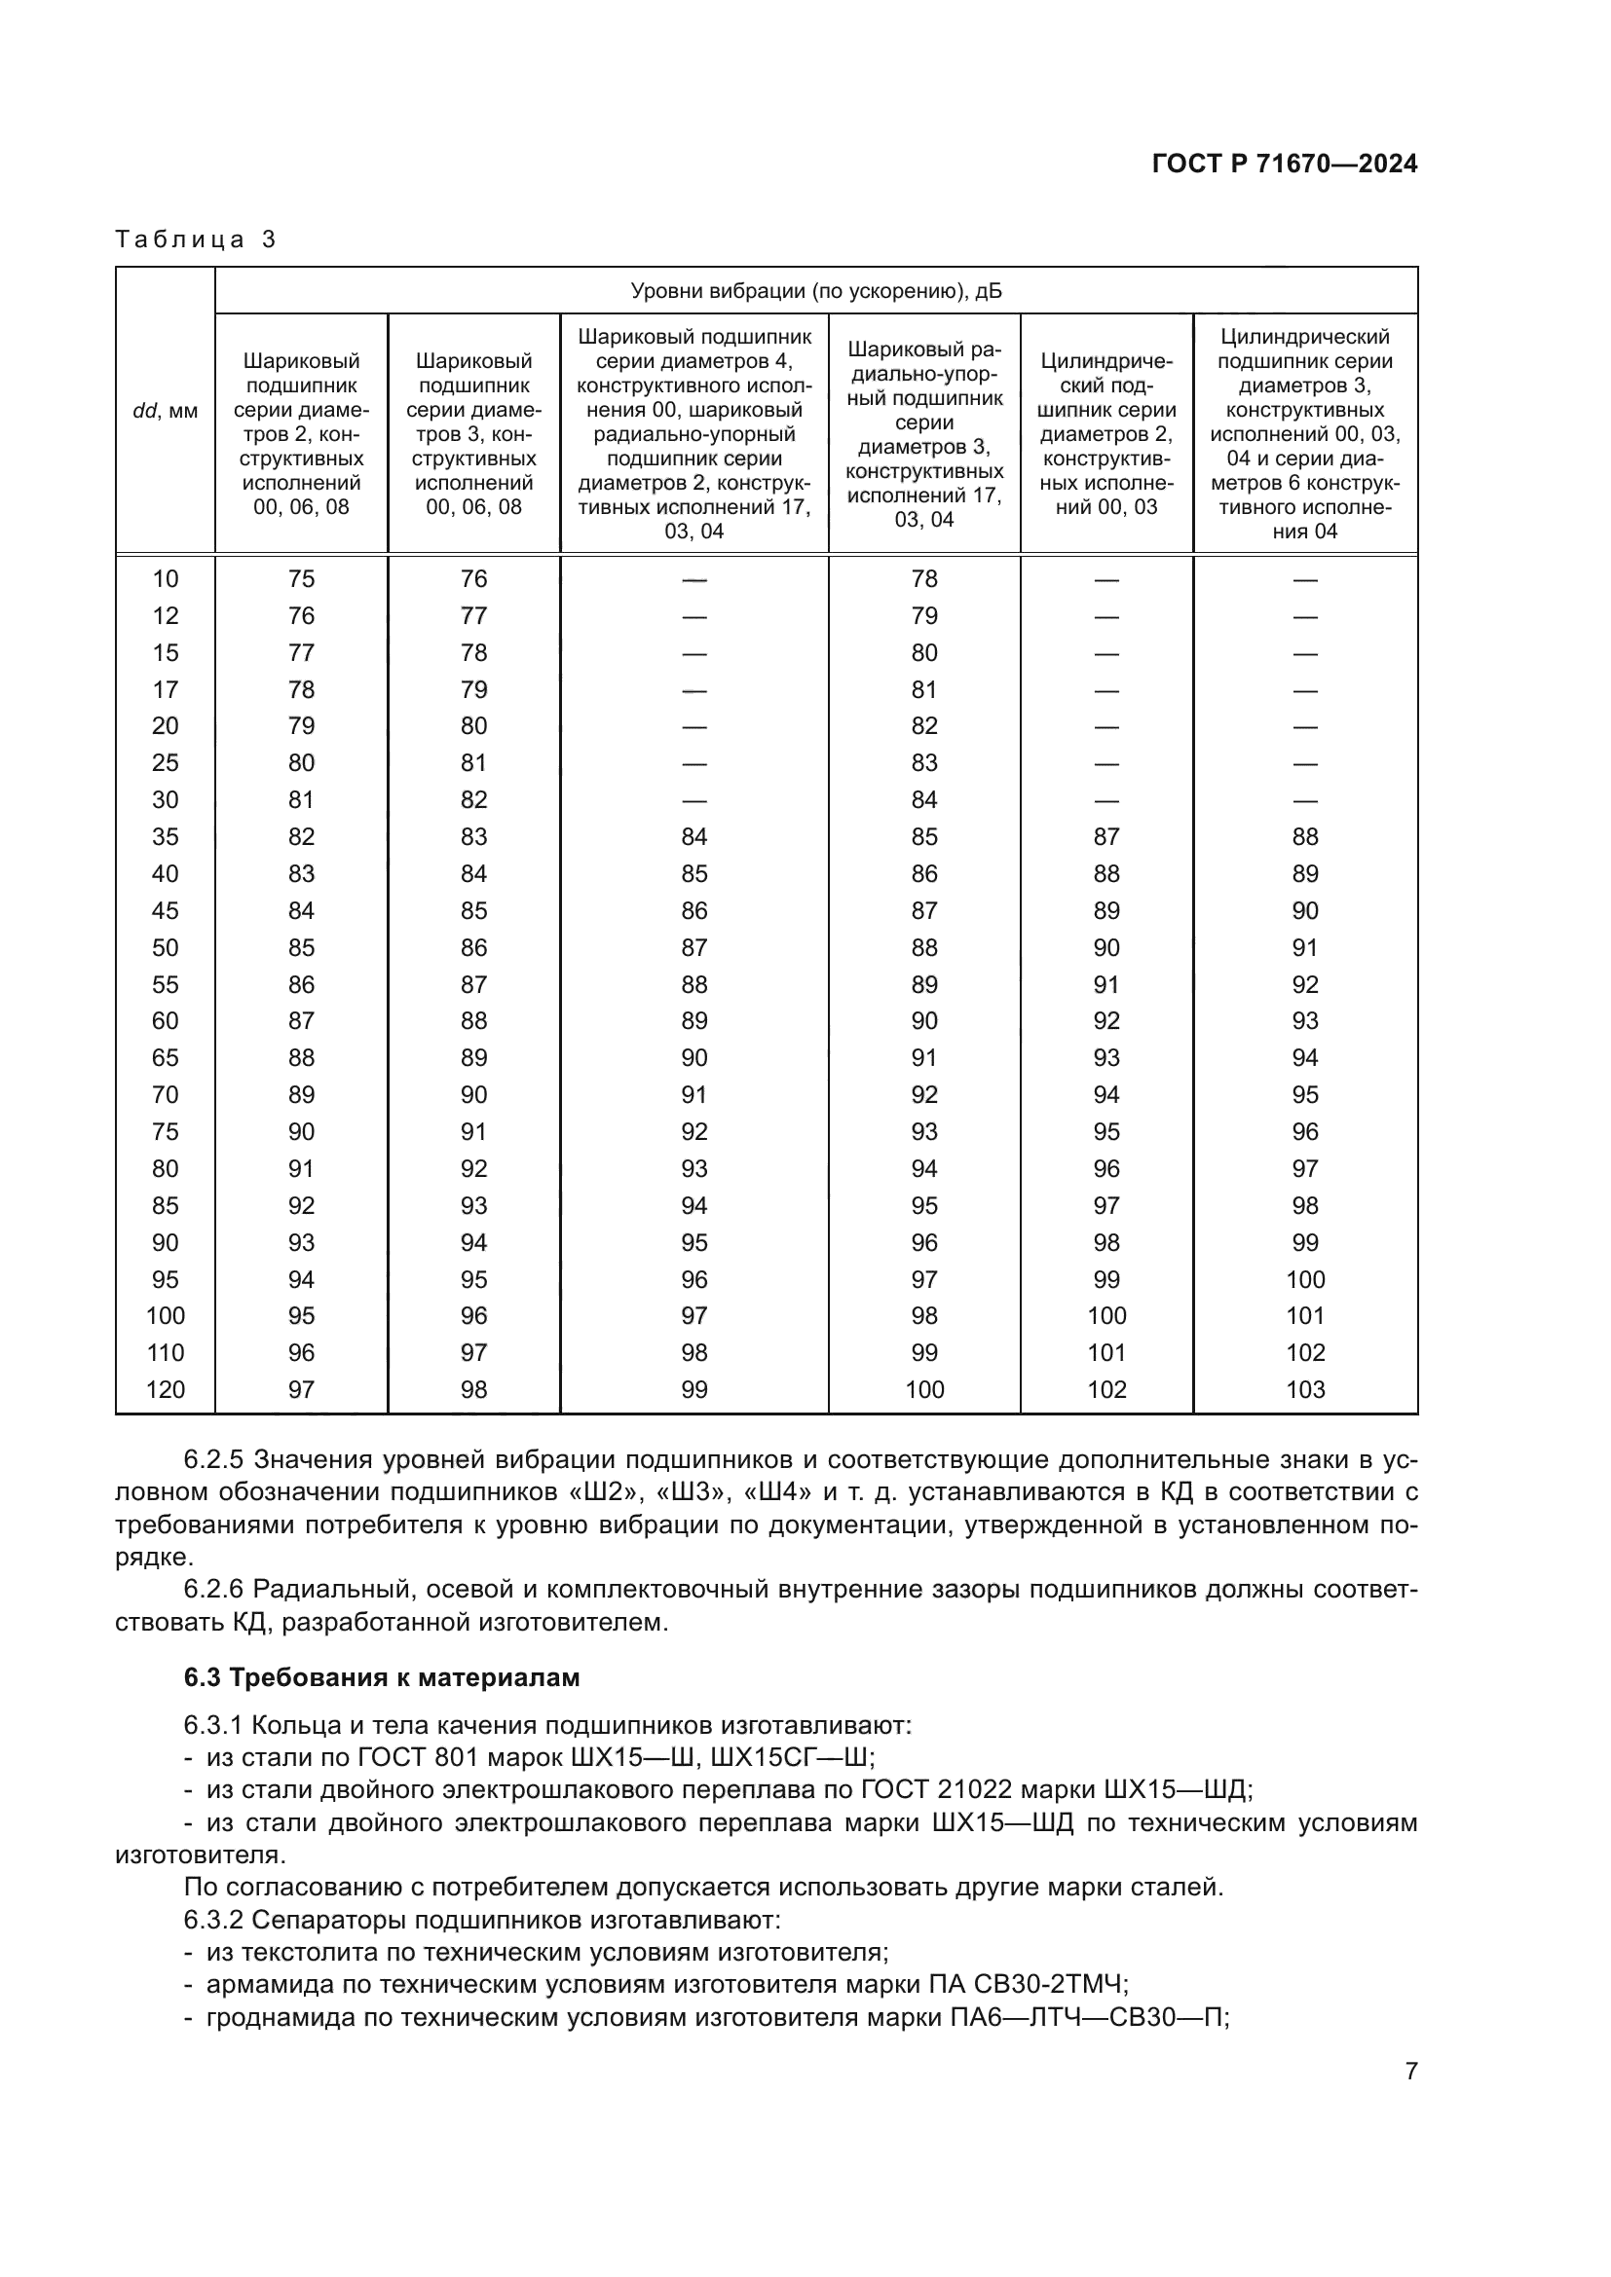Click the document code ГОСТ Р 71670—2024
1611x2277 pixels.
click(1284, 165)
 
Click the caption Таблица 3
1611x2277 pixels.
click(196, 239)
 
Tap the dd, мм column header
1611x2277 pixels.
click(165, 411)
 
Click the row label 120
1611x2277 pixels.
click(165, 1389)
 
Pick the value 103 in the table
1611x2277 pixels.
click(1304, 1389)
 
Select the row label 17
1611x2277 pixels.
click(165, 689)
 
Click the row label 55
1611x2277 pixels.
click(165, 985)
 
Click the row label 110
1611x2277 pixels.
click(165, 1353)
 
